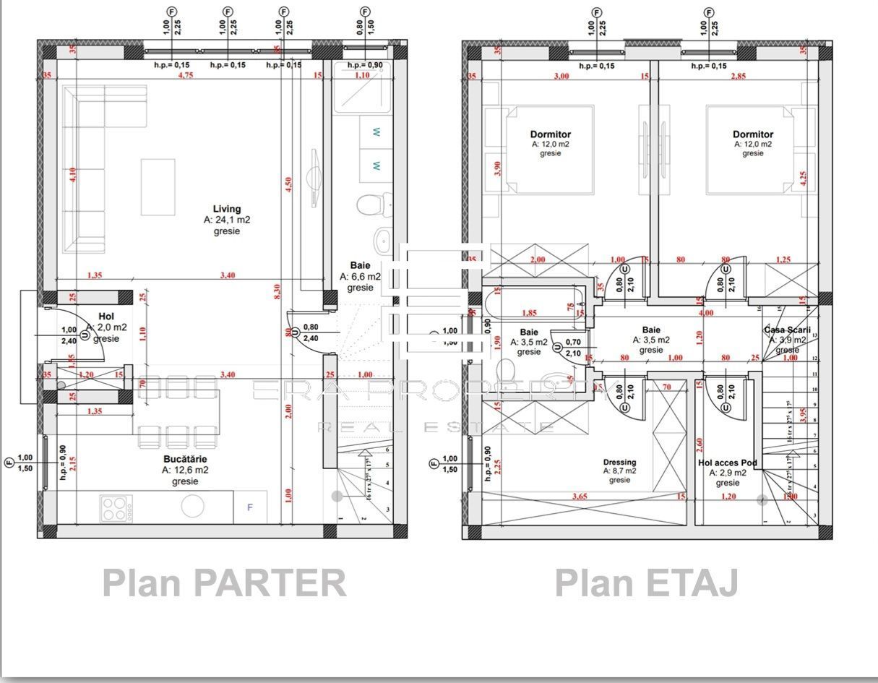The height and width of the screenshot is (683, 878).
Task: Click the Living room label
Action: (x=226, y=210)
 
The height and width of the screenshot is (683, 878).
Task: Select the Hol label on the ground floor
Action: (x=106, y=317)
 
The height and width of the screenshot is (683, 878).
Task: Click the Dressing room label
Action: (x=619, y=463)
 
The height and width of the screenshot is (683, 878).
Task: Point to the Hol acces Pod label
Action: (x=728, y=463)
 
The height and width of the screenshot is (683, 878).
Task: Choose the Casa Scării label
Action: (x=788, y=330)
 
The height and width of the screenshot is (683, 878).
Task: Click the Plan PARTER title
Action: (x=224, y=583)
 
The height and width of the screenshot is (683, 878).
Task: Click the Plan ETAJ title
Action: (x=646, y=583)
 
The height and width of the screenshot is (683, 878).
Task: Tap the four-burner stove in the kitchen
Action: (x=113, y=507)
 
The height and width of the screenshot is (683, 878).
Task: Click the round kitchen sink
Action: (x=192, y=507)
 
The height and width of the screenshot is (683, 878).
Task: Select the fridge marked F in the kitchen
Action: (x=250, y=507)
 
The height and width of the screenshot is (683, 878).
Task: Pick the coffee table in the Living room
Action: (x=158, y=187)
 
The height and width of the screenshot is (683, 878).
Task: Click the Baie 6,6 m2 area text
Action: (x=360, y=277)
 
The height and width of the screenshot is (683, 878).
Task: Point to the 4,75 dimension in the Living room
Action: (x=186, y=75)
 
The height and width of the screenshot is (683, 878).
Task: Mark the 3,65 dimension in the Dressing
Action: (x=579, y=497)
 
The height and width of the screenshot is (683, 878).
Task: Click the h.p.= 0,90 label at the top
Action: (x=364, y=65)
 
